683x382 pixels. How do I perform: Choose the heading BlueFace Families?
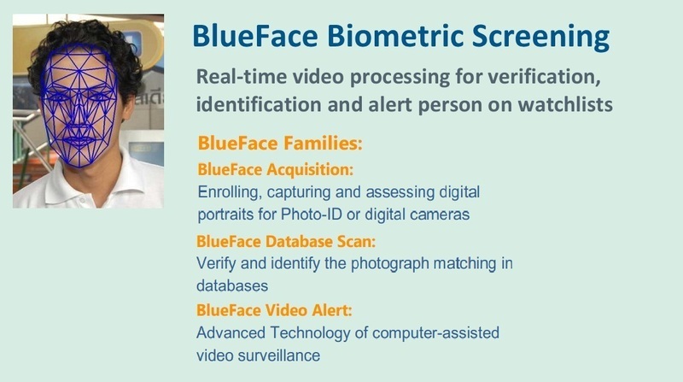(x=280, y=143)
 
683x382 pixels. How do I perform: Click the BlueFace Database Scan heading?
(x=286, y=241)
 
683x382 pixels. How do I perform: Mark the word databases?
(x=232, y=286)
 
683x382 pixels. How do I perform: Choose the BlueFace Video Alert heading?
(x=274, y=310)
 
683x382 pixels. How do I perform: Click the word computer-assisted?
(x=435, y=333)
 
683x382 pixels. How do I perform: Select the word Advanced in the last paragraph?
(x=231, y=332)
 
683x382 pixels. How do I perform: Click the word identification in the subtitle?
(x=258, y=104)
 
